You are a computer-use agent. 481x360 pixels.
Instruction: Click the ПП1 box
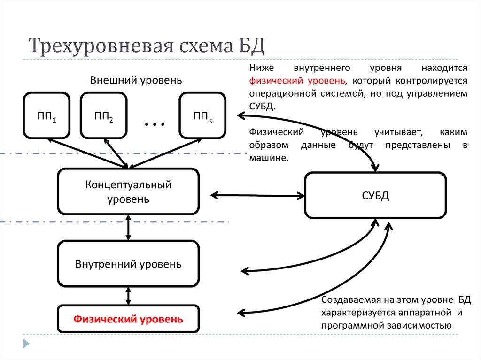pos(47,116)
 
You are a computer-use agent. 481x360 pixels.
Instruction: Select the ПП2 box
pos(103,116)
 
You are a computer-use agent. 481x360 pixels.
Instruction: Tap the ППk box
pos(202,116)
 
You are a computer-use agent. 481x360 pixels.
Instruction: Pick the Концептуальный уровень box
pos(128,191)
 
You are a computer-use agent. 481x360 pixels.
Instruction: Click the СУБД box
pos(375,195)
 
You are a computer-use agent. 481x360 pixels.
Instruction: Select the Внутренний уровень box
pos(128,264)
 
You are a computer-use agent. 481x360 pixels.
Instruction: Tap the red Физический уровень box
pos(128,320)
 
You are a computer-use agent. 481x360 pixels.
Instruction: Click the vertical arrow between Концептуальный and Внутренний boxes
pos(128,228)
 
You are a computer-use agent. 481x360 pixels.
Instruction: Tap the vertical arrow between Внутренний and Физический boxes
pos(128,296)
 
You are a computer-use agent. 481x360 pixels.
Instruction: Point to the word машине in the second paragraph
pos(268,158)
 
